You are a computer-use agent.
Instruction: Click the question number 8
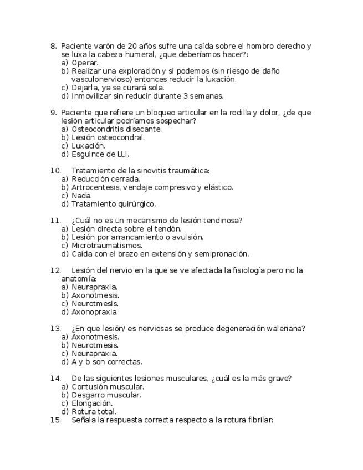click(x=53, y=46)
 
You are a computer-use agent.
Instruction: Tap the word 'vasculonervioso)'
click(x=99, y=79)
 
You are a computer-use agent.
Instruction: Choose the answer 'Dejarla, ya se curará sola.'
click(x=117, y=88)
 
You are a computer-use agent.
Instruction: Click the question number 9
click(x=53, y=113)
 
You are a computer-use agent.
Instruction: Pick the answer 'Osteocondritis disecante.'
click(x=116, y=129)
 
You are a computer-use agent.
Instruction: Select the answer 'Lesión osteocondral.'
click(x=108, y=137)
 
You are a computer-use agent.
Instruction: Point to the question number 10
click(x=55, y=171)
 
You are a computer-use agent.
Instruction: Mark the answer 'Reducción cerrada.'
click(x=105, y=179)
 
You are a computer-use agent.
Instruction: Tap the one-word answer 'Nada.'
click(x=82, y=196)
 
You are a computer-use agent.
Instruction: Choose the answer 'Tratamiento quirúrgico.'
click(x=114, y=204)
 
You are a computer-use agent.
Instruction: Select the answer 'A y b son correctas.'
click(x=107, y=362)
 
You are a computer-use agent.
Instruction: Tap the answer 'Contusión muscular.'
click(x=108, y=387)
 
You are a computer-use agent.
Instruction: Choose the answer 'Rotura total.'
click(x=94, y=412)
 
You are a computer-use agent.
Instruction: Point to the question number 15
click(x=55, y=420)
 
